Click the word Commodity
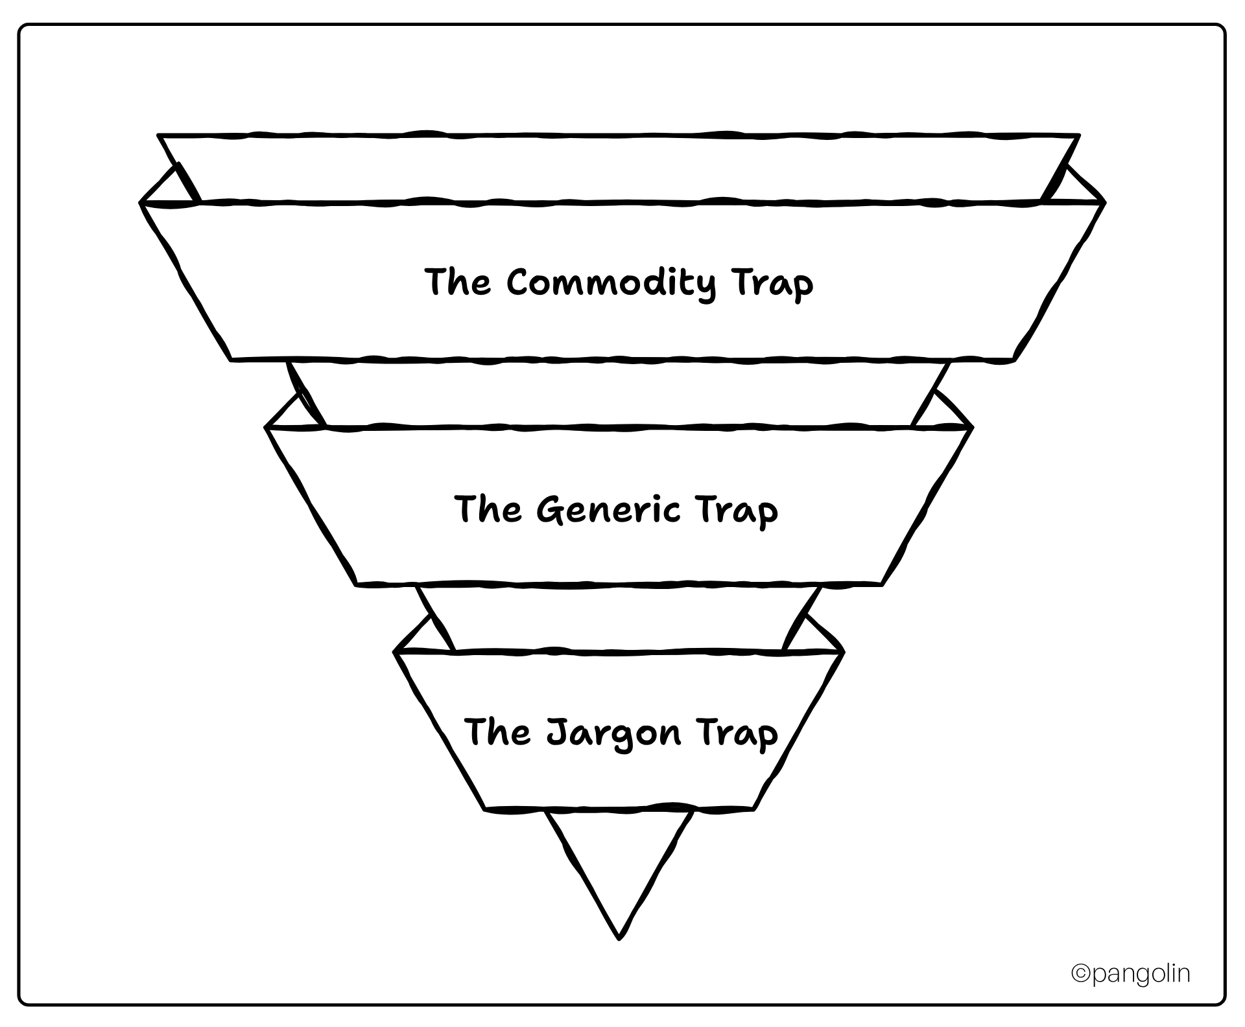[x=611, y=284]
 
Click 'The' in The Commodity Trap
[x=458, y=283]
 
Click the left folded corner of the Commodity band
[x=169, y=189]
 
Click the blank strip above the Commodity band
[x=619, y=168]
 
